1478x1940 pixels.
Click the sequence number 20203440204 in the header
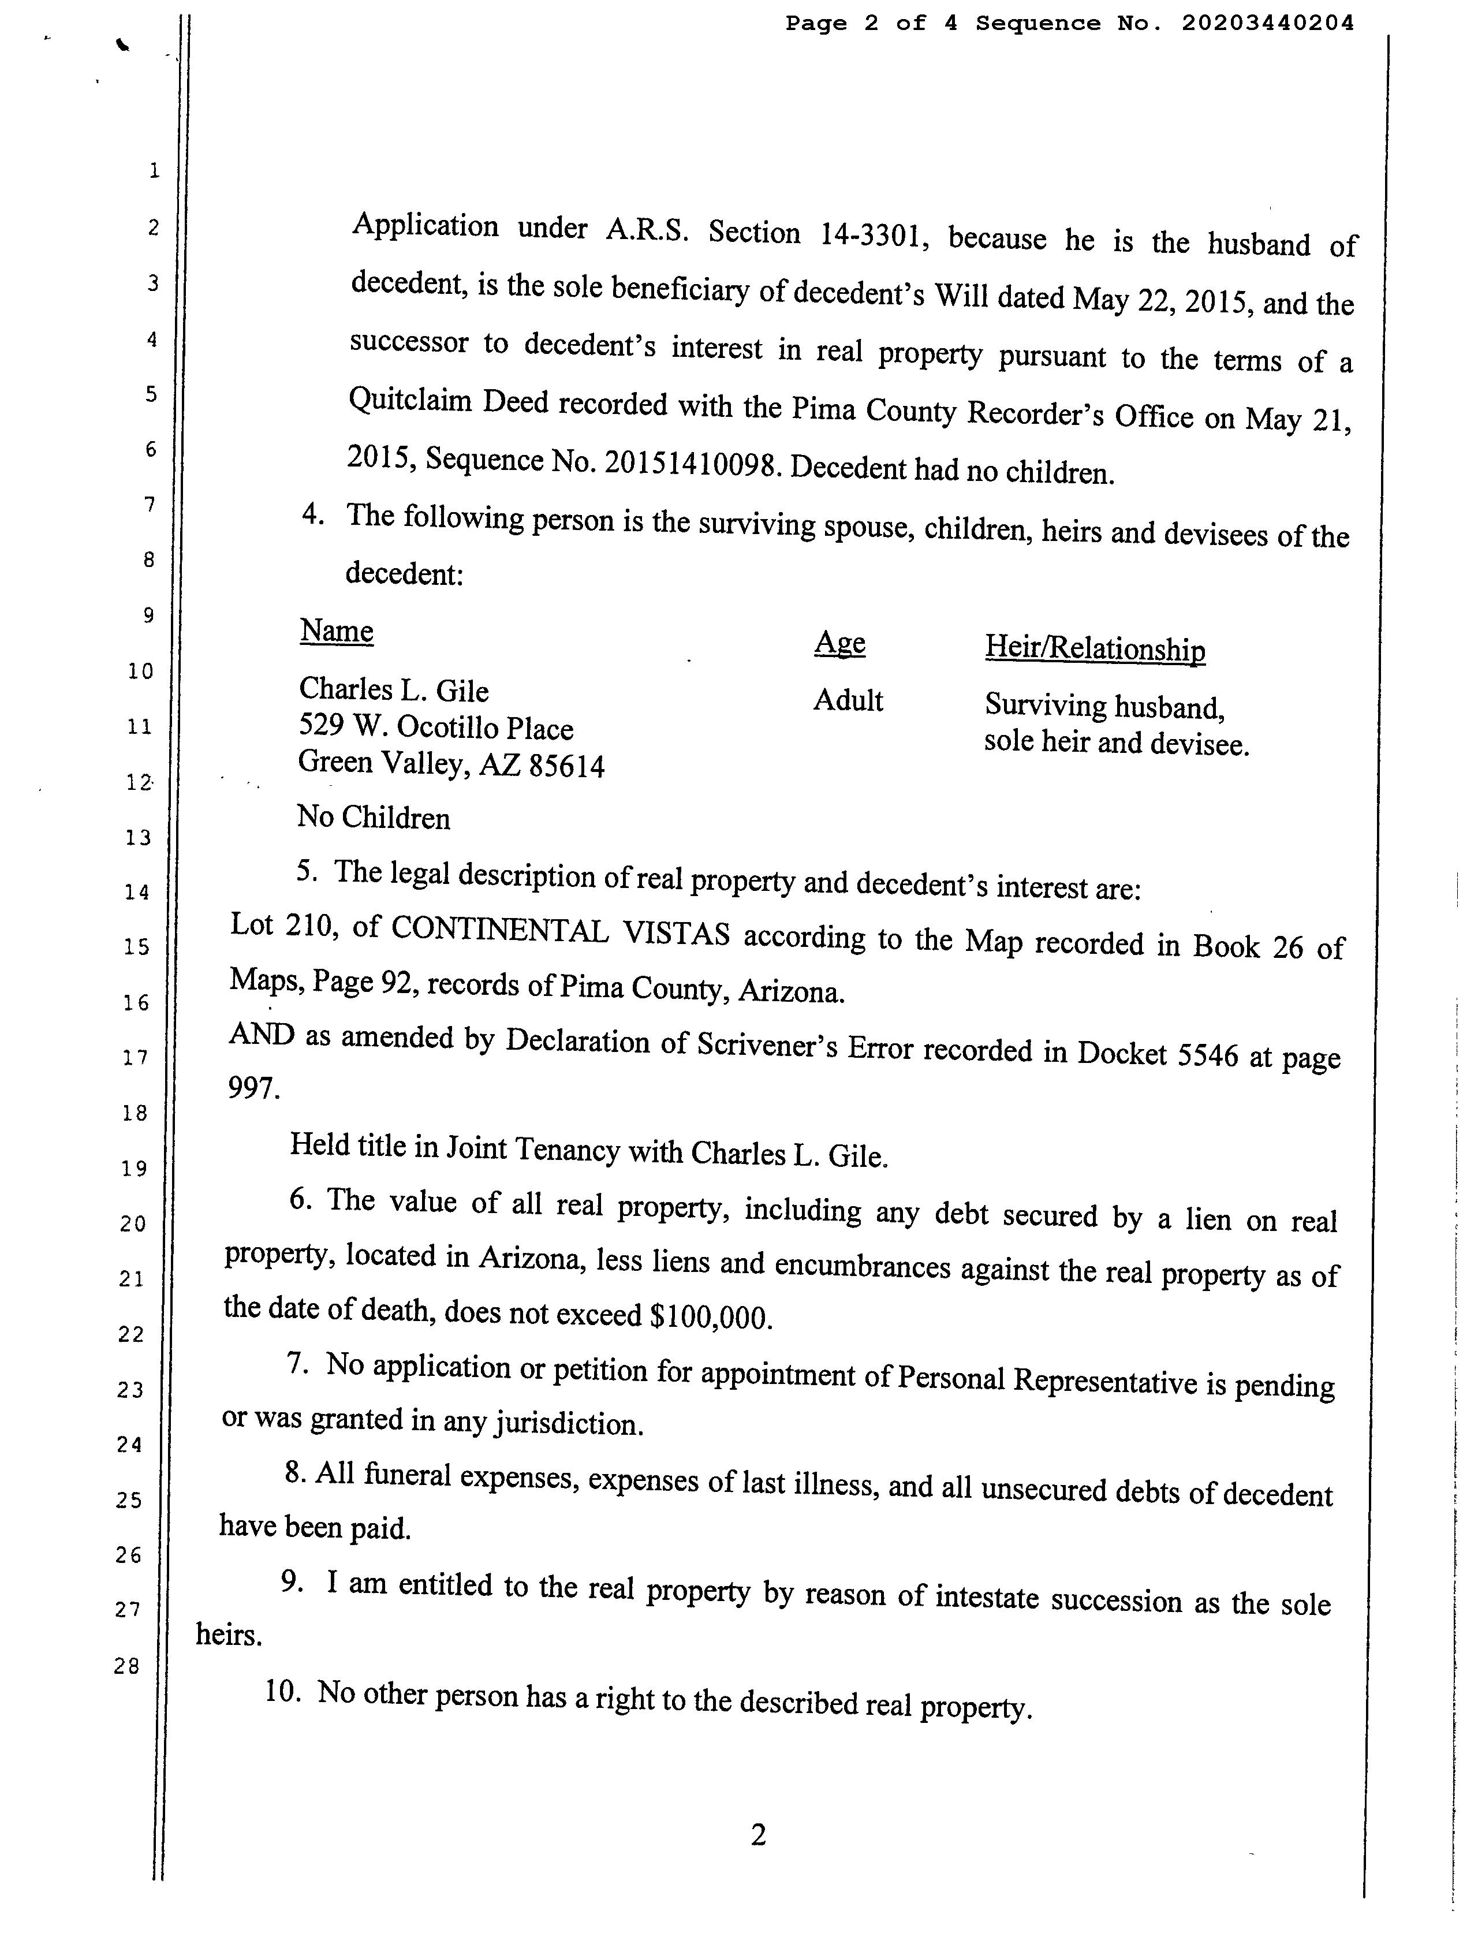coord(1267,24)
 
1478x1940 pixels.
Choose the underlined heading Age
coord(839,643)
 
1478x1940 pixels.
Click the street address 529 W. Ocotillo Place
coord(435,727)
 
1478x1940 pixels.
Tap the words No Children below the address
coord(373,818)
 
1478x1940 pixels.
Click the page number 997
coord(254,1088)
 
